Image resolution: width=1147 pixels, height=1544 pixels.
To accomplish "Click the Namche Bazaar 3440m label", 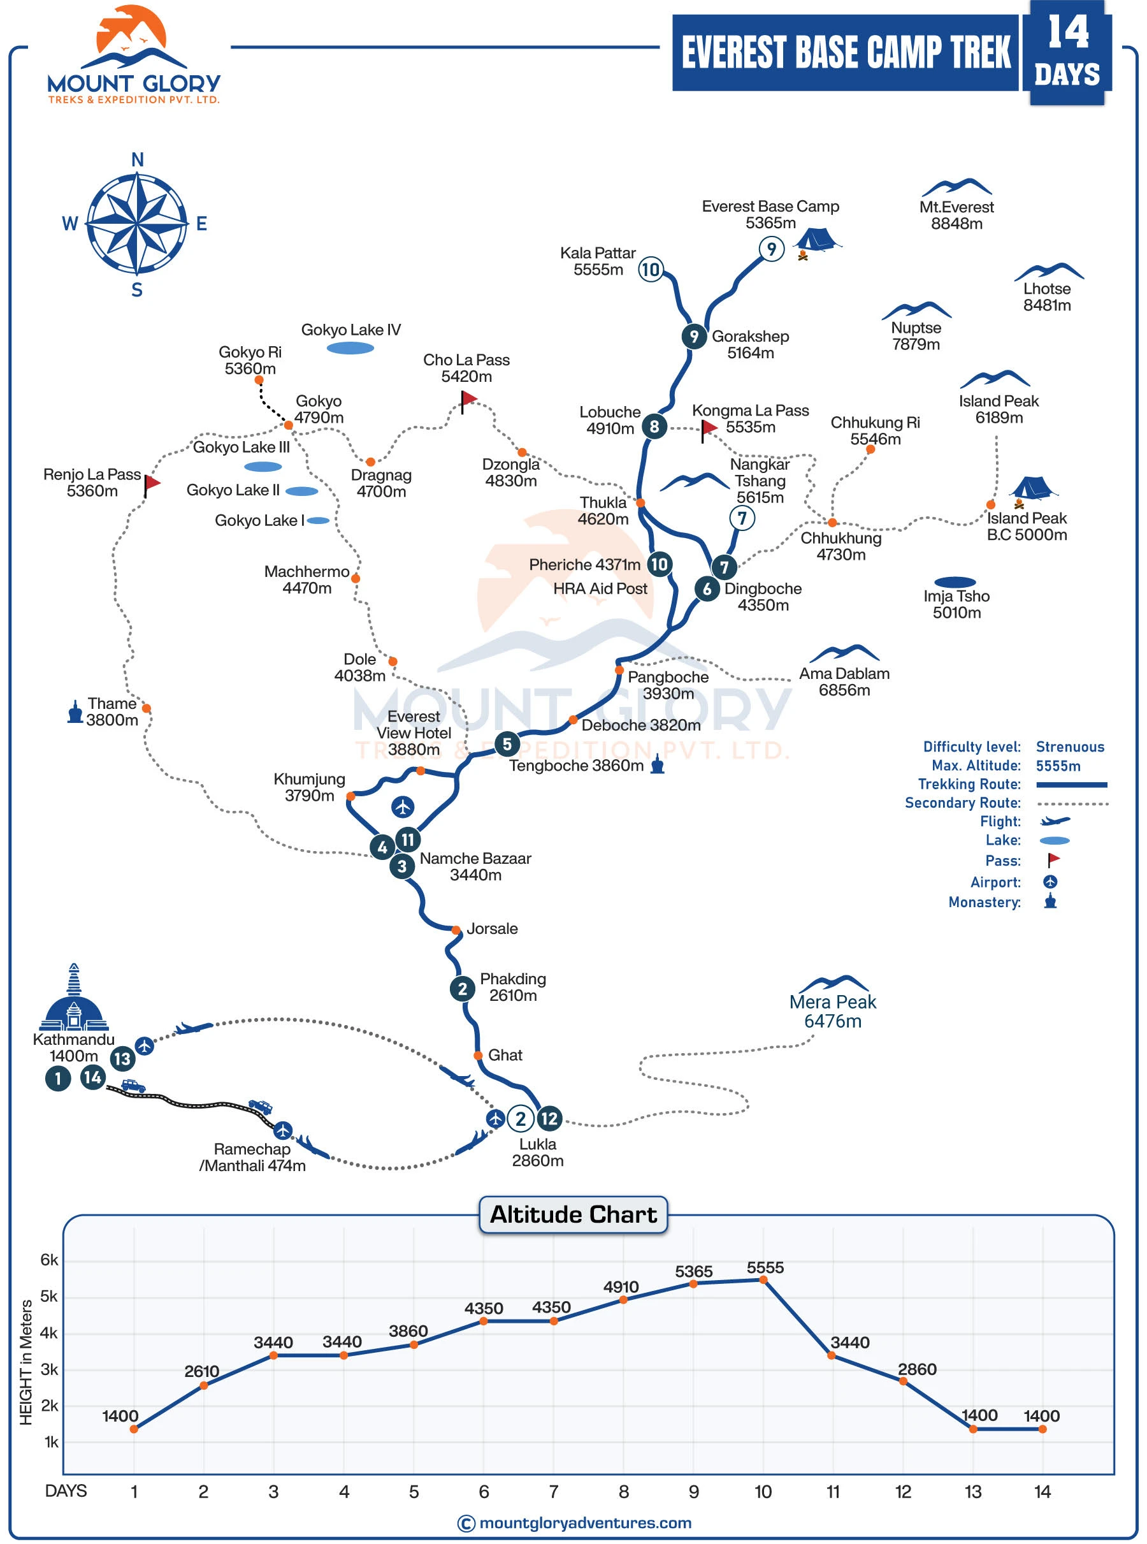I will coord(475,866).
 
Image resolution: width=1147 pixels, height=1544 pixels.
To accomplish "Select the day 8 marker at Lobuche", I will coord(654,426).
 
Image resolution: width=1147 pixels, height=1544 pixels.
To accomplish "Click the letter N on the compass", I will coord(138,160).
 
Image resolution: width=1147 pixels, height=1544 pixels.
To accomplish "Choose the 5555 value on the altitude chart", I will coord(765,1267).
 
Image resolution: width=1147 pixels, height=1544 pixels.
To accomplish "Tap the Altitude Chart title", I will coord(573,1214).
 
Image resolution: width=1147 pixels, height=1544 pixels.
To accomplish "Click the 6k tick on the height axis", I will coord(49,1260).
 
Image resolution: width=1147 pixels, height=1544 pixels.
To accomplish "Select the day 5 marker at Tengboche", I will coord(507,744).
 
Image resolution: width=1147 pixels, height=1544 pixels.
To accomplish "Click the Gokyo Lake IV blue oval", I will coord(350,348).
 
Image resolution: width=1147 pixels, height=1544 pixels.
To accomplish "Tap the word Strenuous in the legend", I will coord(1069,747).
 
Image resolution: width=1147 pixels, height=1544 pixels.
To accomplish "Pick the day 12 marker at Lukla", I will coord(549,1118).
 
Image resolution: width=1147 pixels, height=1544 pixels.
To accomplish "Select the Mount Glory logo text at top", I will coord(133,85).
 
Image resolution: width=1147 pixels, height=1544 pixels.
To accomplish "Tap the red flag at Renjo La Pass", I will coord(152,482).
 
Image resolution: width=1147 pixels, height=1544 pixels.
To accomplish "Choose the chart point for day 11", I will coord(832,1355).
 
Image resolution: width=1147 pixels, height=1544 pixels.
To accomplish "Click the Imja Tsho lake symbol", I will coord(955,582).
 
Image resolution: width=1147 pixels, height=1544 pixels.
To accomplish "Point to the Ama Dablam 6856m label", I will coord(844,681).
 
